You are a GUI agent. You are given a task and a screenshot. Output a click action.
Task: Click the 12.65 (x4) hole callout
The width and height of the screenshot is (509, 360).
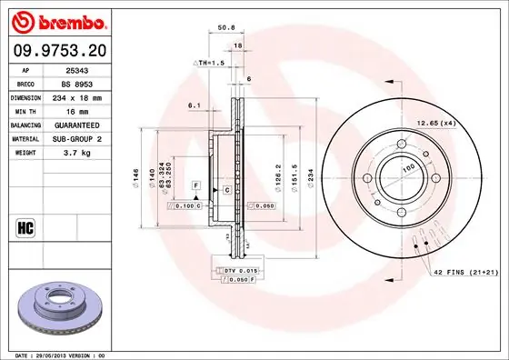click(x=435, y=122)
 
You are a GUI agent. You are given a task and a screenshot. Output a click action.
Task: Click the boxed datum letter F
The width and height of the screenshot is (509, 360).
click(x=194, y=185)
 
